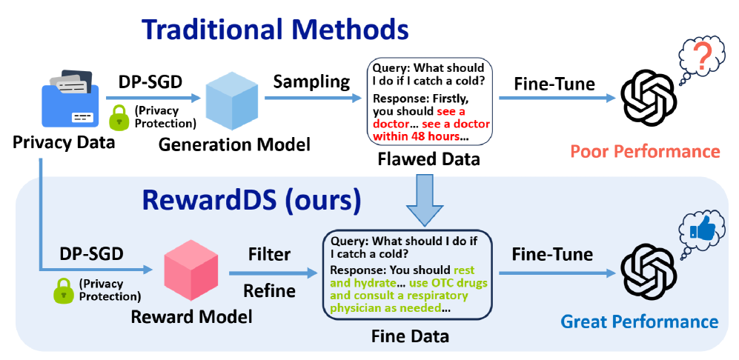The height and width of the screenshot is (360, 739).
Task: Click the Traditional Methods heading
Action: point(275,30)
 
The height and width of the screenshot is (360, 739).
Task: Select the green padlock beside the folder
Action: point(119,119)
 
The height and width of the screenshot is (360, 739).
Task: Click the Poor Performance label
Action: point(645,152)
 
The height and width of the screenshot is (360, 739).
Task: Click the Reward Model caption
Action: point(191,318)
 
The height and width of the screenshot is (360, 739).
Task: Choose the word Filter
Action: point(270,254)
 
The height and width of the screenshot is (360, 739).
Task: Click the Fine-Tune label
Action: point(552,254)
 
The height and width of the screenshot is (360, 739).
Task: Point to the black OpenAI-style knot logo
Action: point(649,273)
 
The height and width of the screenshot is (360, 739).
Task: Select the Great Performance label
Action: point(639,321)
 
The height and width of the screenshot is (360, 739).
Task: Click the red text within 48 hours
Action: point(416,136)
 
